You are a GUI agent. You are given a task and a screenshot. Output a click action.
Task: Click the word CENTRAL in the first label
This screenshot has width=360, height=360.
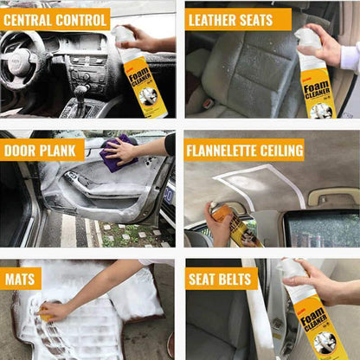(32, 19)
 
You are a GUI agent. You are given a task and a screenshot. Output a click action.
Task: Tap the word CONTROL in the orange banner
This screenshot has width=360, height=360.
(81, 19)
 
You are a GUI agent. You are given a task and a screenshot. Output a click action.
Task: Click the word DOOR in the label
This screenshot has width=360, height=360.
(20, 151)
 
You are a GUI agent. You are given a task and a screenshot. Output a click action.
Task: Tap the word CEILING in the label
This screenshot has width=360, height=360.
(282, 151)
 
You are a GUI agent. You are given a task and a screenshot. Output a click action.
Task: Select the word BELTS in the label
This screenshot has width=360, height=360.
(235, 279)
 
